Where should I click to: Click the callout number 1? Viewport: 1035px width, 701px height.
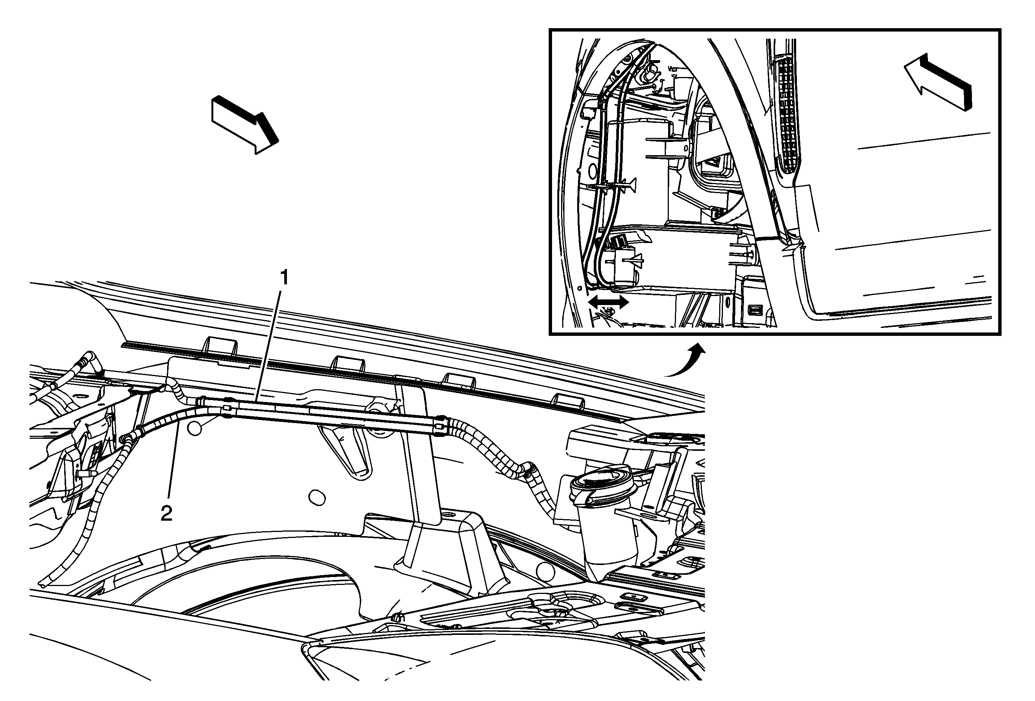(x=284, y=278)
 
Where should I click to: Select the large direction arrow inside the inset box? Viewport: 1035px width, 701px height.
(x=938, y=82)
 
